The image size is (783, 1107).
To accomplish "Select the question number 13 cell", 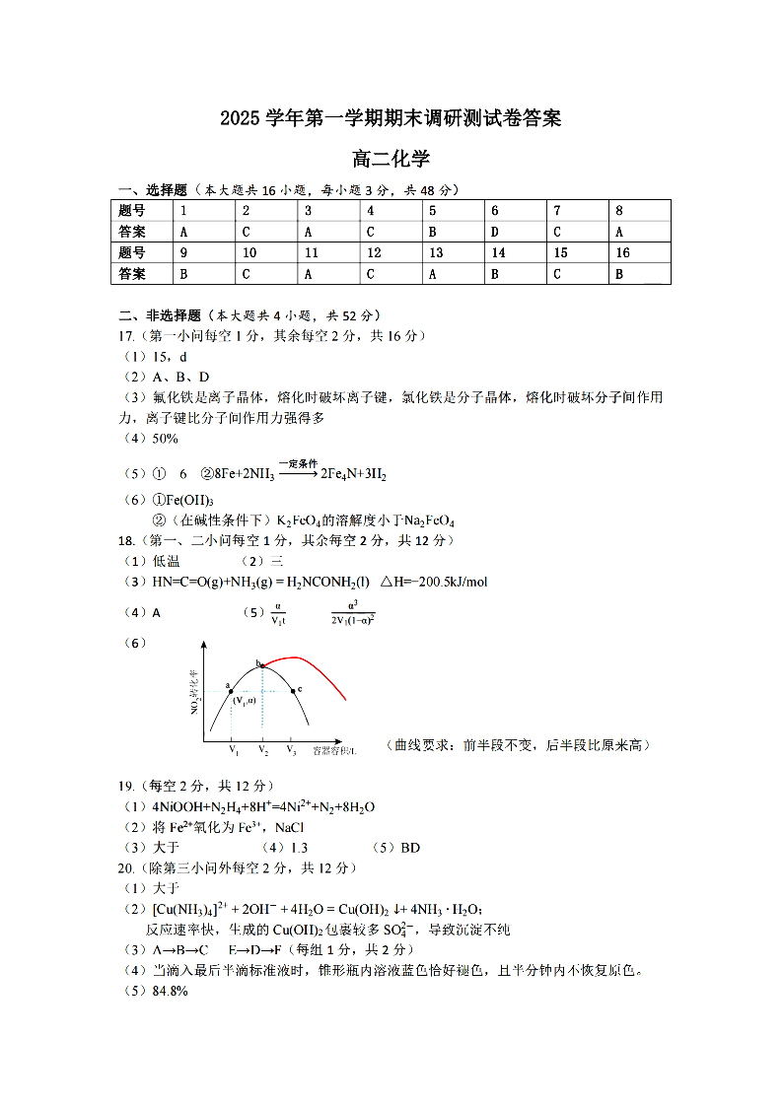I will pyautogui.click(x=436, y=253).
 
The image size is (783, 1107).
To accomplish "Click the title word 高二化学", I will pyautogui.click(x=391, y=159).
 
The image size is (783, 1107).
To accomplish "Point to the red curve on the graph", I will pyautogui.click(x=316, y=665).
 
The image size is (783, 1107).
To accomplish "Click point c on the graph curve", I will pyautogui.click(x=292, y=690).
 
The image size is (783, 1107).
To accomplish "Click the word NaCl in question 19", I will pyautogui.click(x=290, y=827).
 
